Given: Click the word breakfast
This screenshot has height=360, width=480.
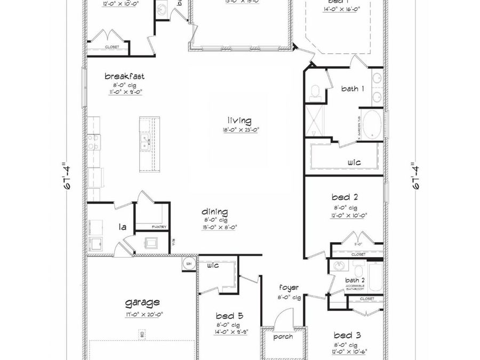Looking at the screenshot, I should pos(124,76).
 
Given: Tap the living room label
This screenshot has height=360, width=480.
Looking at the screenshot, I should pos(239,121).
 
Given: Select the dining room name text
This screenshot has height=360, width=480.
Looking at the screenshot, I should pos(215,212).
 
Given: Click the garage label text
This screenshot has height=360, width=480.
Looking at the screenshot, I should pos(142,303).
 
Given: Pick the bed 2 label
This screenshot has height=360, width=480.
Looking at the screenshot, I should pos(345,197).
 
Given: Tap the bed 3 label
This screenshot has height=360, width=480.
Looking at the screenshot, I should pos(346,335).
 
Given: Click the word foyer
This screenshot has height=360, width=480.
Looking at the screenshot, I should pos(289,287).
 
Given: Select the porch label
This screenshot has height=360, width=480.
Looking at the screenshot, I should pos(282,337).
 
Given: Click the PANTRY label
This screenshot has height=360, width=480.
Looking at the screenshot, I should pos(159,227).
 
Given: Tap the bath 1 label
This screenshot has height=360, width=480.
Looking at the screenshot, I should pos(353,89).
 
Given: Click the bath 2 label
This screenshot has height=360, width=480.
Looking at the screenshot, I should pos(355,280).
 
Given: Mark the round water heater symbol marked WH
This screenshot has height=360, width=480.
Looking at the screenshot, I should pos(188,263).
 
